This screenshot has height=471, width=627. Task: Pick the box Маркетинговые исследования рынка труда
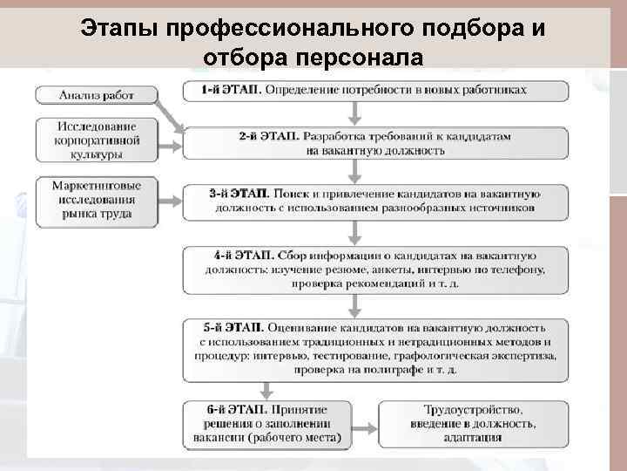pos(96,201)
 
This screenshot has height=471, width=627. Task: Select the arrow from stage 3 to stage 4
pos(354,232)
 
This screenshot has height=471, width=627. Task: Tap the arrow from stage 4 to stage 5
pos(354,304)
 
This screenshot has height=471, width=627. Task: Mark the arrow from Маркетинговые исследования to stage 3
pos(170,202)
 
